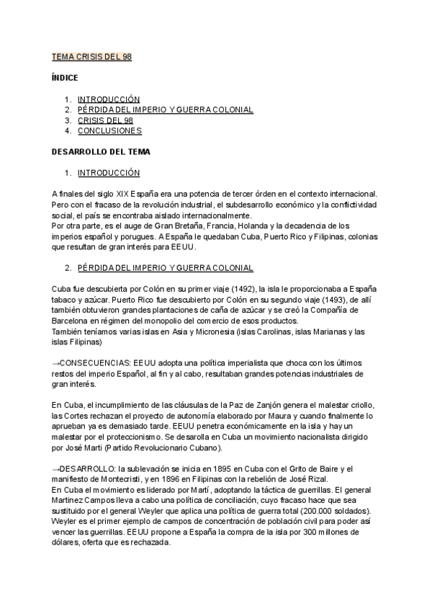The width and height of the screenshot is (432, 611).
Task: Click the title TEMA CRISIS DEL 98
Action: point(91,56)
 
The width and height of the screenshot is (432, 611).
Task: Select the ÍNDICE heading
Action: point(65,77)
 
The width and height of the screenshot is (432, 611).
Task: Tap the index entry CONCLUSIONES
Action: point(109,131)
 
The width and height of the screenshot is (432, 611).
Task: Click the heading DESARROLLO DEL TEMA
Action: point(101,152)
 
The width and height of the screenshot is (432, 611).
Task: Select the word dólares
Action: point(69,543)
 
